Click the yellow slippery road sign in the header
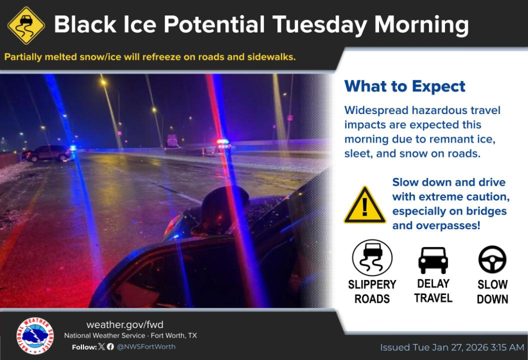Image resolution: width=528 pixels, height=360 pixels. pos(26,25)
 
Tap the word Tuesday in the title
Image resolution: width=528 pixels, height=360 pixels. pos(320,25)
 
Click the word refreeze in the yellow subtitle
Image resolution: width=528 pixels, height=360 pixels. pos(161,57)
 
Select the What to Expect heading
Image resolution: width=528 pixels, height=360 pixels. pos(405,87)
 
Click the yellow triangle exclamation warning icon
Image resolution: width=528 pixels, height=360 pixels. pos(365,205)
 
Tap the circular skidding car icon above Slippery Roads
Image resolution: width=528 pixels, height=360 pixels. pos(372,258)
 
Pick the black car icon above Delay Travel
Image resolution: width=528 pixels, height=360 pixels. pos(433,260)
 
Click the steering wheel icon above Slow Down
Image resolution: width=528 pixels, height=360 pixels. pos(492,259)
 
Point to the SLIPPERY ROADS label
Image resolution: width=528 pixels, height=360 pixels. pos(372,291)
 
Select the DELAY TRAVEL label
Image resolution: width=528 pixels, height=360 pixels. pos(433,291)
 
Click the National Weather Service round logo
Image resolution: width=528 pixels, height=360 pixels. pos(35,336)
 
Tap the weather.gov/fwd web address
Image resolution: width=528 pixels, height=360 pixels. pos(125,324)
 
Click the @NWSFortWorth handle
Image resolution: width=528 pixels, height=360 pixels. pos(146,347)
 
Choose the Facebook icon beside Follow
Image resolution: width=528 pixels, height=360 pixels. pos(110,347)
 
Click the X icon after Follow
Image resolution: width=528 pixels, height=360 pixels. pos(102,347)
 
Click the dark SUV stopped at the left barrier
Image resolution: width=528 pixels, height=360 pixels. pos(47,154)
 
